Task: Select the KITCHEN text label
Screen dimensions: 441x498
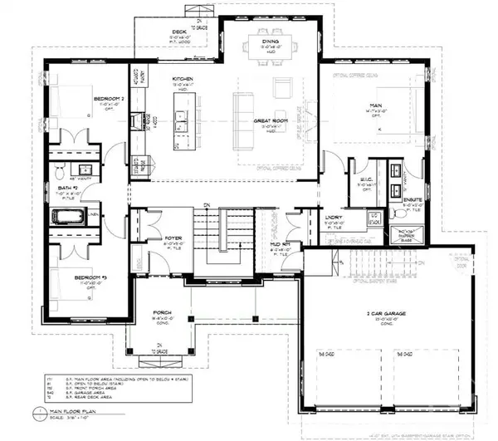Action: tap(183, 79)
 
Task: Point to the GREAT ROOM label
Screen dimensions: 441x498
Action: tap(270, 120)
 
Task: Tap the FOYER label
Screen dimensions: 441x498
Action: tap(173, 238)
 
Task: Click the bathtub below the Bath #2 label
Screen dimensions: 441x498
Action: tap(68, 218)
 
